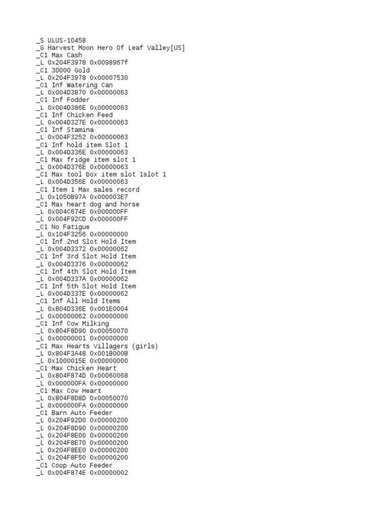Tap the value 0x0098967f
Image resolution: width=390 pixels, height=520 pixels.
point(109,63)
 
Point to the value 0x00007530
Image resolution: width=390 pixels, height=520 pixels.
point(109,78)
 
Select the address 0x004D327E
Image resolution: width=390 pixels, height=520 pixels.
point(67,122)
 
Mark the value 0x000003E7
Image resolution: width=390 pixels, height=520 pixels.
point(109,197)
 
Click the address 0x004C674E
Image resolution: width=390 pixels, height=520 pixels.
point(67,212)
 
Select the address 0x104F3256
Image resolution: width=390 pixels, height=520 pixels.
point(67,234)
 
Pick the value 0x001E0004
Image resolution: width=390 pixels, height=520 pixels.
point(109,309)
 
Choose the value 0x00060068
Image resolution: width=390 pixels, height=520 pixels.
point(109,376)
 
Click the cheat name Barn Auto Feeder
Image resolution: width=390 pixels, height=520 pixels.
point(82,413)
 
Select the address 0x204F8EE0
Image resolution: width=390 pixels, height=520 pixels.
point(67,450)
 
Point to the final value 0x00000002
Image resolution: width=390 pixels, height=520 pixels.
point(109,473)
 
